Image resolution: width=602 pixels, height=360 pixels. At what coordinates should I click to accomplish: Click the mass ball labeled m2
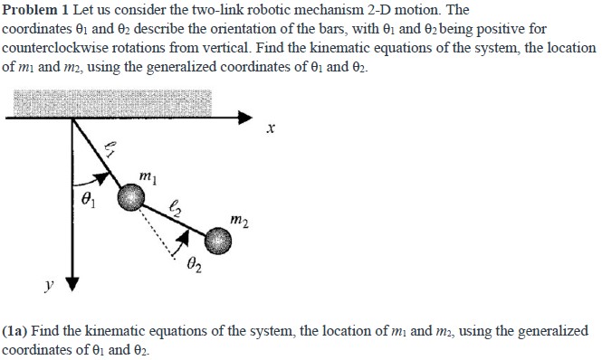pyautogui.click(x=217, y=240)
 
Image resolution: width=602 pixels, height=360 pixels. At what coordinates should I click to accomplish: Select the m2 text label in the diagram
pyautogui.click(x=237, y=218)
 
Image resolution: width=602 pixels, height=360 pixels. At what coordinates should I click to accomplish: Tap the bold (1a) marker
pyautogui.click(x=20, y=331)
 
